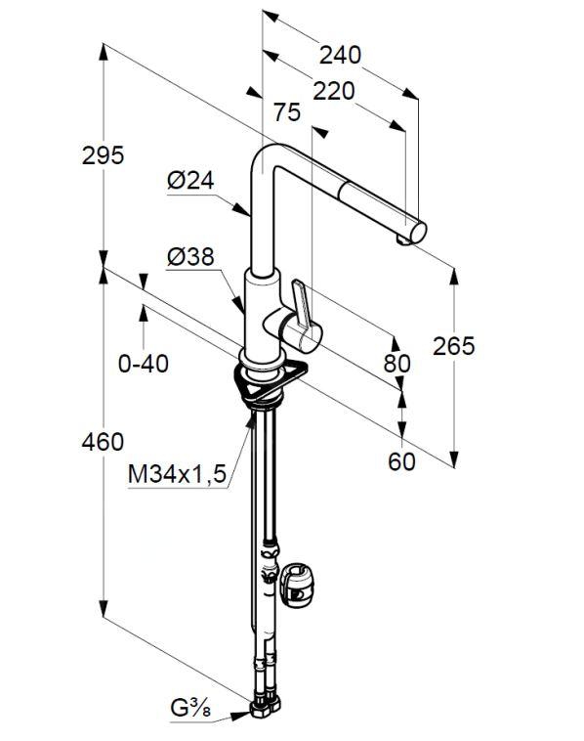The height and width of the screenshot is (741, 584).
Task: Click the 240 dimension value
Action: (340, 55)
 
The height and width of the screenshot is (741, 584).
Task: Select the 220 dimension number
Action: (333, 91)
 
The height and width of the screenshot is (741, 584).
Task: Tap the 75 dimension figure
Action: (287, 112)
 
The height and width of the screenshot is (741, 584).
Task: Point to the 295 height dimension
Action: (103, 155)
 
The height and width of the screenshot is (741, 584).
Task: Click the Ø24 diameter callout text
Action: (190, 180)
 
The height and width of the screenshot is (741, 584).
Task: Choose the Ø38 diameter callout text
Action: (190, 256)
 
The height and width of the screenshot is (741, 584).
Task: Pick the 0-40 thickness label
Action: (143, 364)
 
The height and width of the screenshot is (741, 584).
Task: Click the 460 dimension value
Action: (103, 442)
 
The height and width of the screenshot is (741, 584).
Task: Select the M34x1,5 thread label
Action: (177, 474)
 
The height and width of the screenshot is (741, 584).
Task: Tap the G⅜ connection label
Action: (190, 710)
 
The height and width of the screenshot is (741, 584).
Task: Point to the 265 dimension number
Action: (454, 346)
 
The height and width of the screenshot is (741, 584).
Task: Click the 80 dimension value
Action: (397, 364)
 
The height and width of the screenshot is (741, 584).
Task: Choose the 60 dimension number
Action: (401, 461)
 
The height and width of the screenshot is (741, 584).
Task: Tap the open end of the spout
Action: (418, 232)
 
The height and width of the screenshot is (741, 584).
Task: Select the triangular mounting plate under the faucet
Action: (271, 380)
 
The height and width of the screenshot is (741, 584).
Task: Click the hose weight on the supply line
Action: (296, 585)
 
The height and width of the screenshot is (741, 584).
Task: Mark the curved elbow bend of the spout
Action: (266, 158)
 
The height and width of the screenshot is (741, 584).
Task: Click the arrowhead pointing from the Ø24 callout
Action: (242, 210)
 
